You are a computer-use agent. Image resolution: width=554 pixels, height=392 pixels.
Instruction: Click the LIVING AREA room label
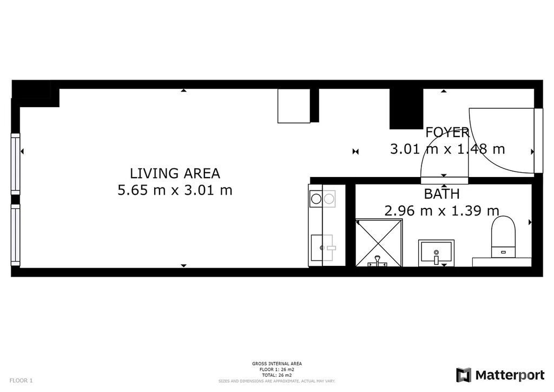pos(175,174)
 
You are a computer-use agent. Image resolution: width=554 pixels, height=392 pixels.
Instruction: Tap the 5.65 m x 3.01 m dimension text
pos(175,191)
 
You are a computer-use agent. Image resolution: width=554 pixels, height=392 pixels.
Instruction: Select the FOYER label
pos(447,133)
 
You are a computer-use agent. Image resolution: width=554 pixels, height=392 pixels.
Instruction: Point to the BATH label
pos(441,194)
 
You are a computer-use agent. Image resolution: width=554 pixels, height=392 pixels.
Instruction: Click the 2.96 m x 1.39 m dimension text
pos(441,211)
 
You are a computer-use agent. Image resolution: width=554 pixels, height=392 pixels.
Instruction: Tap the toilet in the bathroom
pos(503,237)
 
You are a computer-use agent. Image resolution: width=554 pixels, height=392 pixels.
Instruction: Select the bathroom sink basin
pos(436,253)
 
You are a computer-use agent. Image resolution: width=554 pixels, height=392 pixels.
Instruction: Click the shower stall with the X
pos(379,243)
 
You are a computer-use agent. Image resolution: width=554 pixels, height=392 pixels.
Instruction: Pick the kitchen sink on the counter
pos(322,248)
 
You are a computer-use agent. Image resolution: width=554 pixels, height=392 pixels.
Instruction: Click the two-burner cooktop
pos(322,199)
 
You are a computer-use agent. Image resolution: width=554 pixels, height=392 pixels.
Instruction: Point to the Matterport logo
pos(500,375)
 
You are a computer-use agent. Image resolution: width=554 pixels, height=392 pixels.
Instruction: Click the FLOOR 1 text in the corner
pos(21,381)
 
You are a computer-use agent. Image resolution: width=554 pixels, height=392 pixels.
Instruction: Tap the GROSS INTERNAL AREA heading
pos(277,364)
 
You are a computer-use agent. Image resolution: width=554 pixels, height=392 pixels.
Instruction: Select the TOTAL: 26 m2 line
pos(277,375)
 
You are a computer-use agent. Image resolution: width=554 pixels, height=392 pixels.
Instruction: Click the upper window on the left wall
pos(16,164)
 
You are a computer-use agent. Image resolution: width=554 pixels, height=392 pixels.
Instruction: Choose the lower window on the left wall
pos(16,235)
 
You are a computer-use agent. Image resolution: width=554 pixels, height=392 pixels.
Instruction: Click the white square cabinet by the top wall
pos(294,106)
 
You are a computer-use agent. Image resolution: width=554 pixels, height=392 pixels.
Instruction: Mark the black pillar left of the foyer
pos(406,109)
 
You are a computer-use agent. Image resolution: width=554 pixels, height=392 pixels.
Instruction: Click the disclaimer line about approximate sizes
pos(277,381)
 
